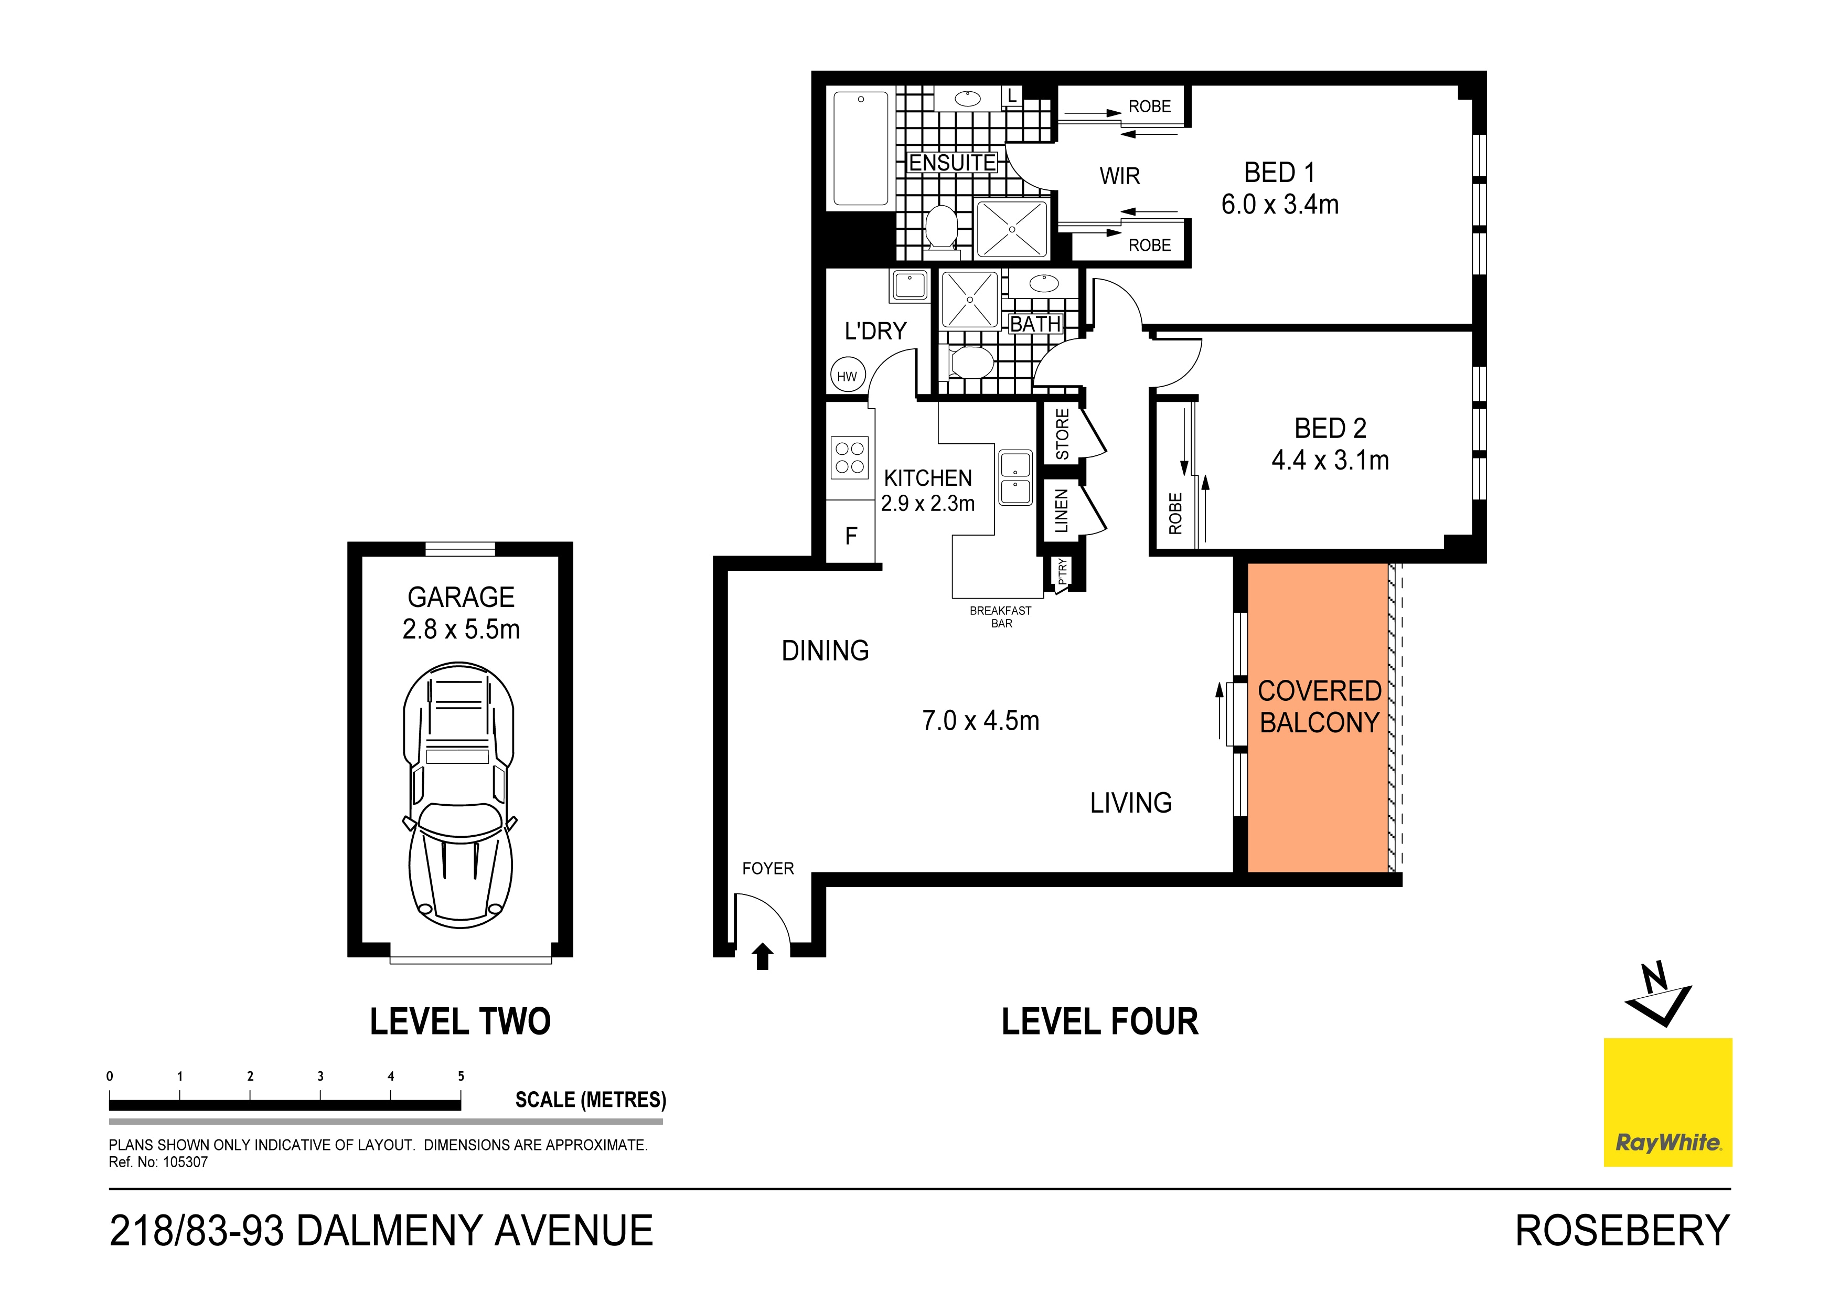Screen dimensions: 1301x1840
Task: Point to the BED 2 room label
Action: [x=1330, y=428]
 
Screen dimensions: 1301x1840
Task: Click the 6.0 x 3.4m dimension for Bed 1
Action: [x=1280, y=205]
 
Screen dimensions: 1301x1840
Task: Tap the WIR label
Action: [x=1119, y=176]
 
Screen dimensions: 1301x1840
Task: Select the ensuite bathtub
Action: [x=861, y=149]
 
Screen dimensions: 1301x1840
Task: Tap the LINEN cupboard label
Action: [x=1062, y=510]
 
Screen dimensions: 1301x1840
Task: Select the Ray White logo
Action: [x=1668, y=1102]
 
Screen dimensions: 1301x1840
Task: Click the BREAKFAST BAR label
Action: [x=1001, y=616]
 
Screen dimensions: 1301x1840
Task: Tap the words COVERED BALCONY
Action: [x=1319, y=706]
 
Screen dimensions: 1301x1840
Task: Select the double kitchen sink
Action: [x=1015, y=478]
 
